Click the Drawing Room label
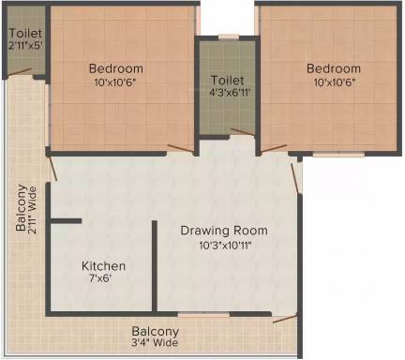224,231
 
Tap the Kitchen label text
103,266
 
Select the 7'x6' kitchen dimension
100,278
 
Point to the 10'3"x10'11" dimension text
226,246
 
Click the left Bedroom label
116,68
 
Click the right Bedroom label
334,68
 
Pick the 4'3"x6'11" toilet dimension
231,93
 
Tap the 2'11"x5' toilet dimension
25,46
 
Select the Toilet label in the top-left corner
25,33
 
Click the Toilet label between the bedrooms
227,81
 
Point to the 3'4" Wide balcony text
155,342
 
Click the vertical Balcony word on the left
22,208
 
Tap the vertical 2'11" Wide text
32,210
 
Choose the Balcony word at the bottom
156,331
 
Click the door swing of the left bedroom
181,148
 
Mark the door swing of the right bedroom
274,148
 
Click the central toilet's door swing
243,131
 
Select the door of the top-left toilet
20,71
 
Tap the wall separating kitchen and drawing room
155,266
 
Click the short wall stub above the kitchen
66,221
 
